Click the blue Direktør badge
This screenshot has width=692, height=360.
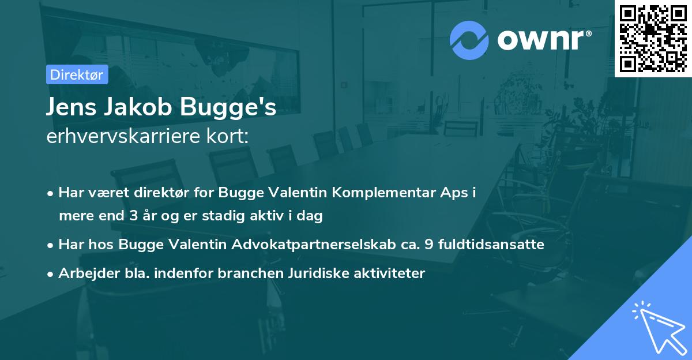[x=77, y=74]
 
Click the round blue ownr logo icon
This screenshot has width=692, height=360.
[x=469, y=40]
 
